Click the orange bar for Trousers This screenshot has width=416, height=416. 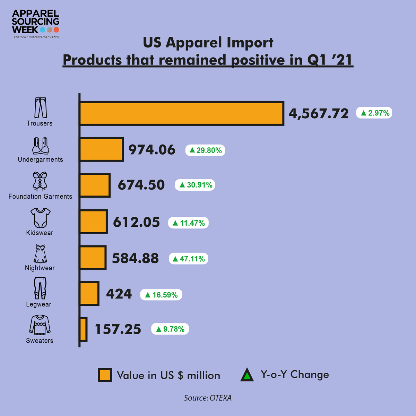coord(182,113)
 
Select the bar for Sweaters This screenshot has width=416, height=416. coord(83,329)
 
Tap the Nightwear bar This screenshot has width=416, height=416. coord(93,258)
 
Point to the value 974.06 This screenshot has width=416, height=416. coord(152,150)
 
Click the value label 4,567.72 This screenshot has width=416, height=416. coord(319,113)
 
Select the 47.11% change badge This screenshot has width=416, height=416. coord(189,259)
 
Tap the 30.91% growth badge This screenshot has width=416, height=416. coord(196,185)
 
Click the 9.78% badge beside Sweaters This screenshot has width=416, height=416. coord(170,329)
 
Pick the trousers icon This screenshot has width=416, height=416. coord(40,108)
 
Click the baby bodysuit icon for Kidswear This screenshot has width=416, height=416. coord(40,218)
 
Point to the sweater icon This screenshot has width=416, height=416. coord(40,325)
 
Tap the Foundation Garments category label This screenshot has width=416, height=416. coord(40,196)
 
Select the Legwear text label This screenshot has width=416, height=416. coord(38,304)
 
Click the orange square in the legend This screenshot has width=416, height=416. coord(105,375)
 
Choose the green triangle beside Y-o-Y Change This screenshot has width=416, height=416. coord(247,375)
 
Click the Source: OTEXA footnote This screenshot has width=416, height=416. coord(208,398)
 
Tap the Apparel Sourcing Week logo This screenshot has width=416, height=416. coord(36,23)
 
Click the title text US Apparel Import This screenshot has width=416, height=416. coord(208,43)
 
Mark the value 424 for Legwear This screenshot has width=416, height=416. coord(119,294)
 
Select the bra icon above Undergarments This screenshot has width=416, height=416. coord(40,146)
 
